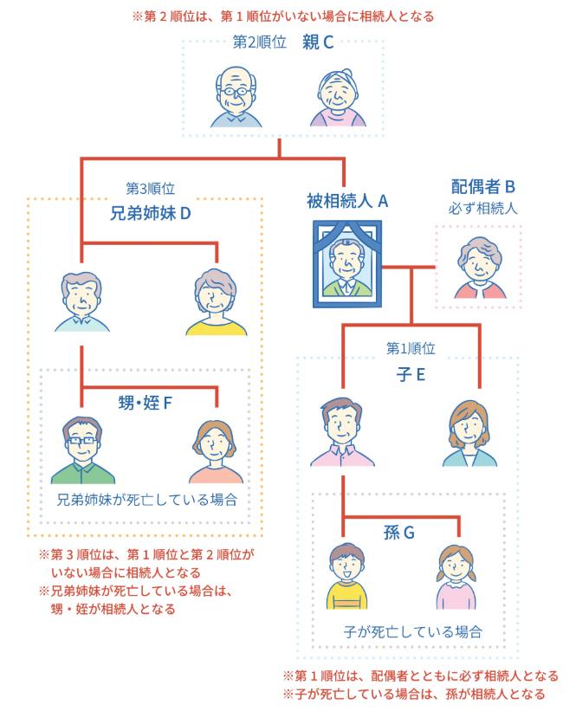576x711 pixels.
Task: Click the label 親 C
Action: pyautogui.click(x=318, y=41)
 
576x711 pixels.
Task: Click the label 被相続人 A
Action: pyautogui.click(x=346, y=201)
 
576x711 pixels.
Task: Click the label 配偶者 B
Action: pyautogui.click(x=483, y=186)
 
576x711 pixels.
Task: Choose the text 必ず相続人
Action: pyautogui.click(x=483, y=208)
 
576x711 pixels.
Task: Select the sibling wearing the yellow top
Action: pyautogui.click(x=216, y=301)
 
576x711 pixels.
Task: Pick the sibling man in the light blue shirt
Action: pyautogui.click(x=81, y=301)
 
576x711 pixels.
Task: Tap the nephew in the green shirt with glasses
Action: pyautogui.click(x=82, y=449)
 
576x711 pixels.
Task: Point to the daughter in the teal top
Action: pyautogui.click(x=469, y=434)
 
